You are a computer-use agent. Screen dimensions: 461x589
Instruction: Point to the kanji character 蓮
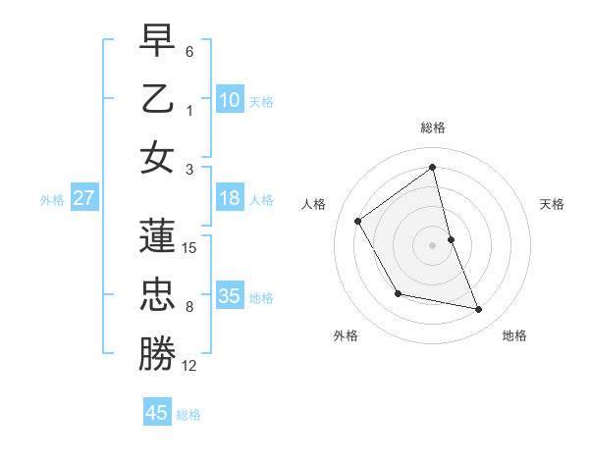tap(157, 235)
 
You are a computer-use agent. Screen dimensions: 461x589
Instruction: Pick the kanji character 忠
tap(157, 295)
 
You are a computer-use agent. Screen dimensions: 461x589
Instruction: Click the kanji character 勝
tap(157, 354)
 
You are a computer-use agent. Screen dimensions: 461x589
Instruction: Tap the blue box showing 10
tap(230, 99)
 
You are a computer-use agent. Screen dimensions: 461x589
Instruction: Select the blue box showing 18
tap(230, 198)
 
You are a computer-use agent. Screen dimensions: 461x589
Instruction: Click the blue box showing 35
tap(230, 296)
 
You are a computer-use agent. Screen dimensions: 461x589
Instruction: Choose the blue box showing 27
tap(83, 198)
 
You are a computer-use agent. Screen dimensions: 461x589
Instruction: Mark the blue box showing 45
tap(157, 413)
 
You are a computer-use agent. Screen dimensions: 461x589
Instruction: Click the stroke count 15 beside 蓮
tap(189, 248)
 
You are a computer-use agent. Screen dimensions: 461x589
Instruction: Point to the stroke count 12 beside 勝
tap(189, 366)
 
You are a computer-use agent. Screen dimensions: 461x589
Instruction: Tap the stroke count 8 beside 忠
tap(189, 307)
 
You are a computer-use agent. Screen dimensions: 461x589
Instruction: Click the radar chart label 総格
tap(433, 128)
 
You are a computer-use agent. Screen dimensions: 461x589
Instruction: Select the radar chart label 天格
tap(552, 204)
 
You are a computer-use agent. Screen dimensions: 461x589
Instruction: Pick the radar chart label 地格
tap(514, 335)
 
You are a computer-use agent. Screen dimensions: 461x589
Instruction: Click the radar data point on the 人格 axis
tap(358, 221)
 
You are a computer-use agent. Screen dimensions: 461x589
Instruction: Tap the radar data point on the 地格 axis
tap(479, 310)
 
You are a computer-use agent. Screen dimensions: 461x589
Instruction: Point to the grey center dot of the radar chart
tap(433, 244)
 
